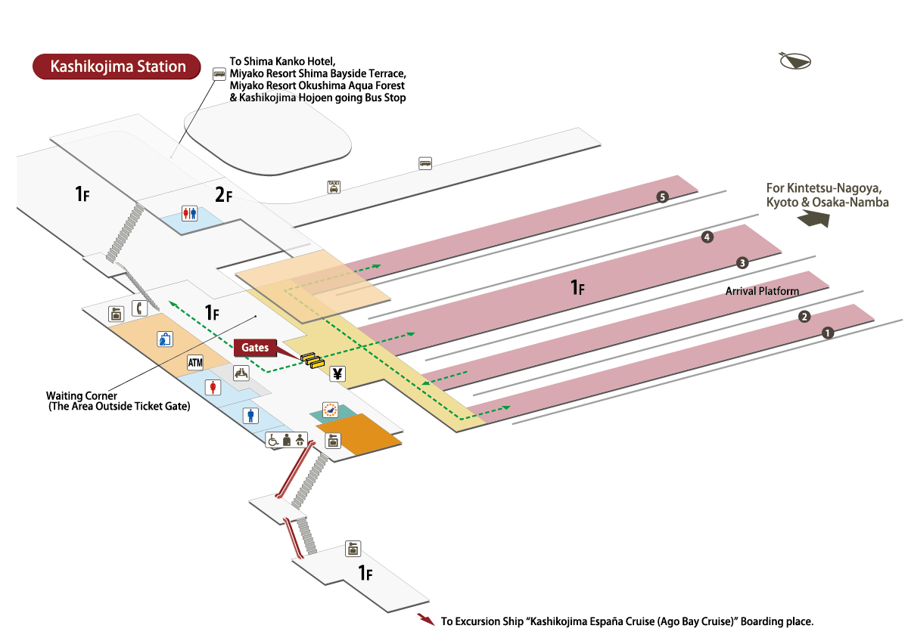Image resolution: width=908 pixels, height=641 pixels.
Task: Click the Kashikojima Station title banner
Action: tap(117, 67)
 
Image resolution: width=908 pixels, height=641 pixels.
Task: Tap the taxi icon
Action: tap(333, 187)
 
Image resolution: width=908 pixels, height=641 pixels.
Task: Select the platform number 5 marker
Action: tap(663, 197)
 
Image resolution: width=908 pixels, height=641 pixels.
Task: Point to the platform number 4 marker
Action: tap(707, 237)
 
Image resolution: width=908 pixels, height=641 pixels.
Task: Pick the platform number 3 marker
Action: tap(742, 263)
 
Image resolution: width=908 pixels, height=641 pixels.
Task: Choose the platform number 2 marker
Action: tap(805, 317)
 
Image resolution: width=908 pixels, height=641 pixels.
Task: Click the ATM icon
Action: tap(195, 363)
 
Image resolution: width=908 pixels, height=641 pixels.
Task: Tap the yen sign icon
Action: tap(337, 373)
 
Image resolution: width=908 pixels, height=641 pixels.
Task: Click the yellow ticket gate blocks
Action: tap(312, 360)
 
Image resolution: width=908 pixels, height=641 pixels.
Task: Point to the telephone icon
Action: tap(139, 308)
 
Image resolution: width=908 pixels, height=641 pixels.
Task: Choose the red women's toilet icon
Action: tap(215, 387)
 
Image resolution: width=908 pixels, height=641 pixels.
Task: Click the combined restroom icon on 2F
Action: tap(189, 213)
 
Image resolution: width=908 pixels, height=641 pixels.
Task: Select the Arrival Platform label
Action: tap(762, 291)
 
